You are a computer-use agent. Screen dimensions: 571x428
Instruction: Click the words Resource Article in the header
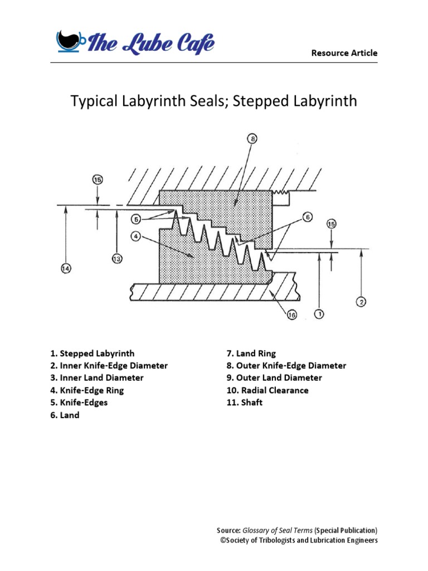pos(344,53)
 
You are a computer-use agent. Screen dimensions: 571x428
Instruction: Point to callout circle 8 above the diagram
pos(252,139)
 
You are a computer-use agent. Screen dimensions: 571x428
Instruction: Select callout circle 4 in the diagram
pos(136,236)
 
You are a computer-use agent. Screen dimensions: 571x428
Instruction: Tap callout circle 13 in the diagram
pos(117,259)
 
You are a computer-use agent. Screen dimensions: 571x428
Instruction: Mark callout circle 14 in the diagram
pos(66,269)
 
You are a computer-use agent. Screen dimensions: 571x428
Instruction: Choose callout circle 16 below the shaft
pos(291,315)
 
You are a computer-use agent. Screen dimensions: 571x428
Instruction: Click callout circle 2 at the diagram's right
pos(361,302)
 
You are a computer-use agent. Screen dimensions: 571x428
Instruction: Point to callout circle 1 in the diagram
pos(319,314)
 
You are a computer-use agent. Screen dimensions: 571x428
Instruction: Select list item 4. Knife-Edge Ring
pos(87,390)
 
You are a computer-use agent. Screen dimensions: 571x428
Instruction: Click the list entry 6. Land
pos(65,415)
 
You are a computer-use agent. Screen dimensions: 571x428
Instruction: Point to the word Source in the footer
pos(228,530)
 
